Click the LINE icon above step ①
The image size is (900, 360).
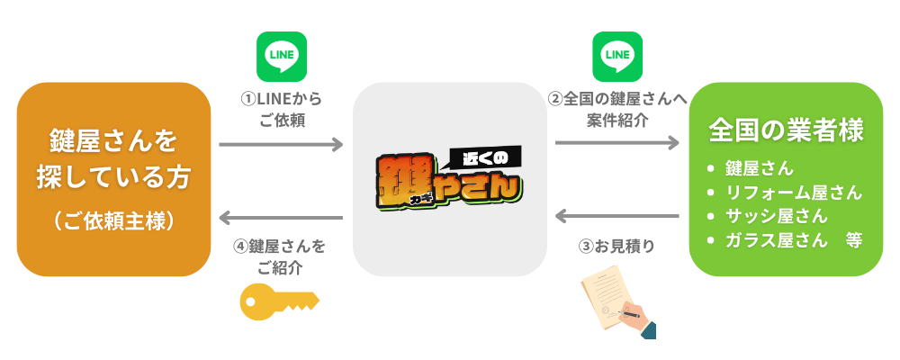tap(282, 57)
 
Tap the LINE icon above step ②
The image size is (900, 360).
tap(617, 57)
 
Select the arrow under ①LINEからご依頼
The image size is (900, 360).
tap(281, 144)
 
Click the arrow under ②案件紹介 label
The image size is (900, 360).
tap(617, 143)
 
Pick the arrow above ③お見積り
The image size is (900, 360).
tap(617, 217)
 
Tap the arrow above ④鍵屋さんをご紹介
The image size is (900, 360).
tap(281, 218)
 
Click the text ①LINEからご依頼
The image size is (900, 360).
tap(281, 108)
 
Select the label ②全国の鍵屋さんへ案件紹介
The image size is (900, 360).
tap(617, 108)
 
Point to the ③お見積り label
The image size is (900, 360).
tap(616, 245)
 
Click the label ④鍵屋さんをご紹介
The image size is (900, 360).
tap(280, 256)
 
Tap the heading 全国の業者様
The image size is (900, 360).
tap(786, 130)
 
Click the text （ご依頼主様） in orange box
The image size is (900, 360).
tap(112, 220)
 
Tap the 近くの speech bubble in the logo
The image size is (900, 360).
tap(487, 157)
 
